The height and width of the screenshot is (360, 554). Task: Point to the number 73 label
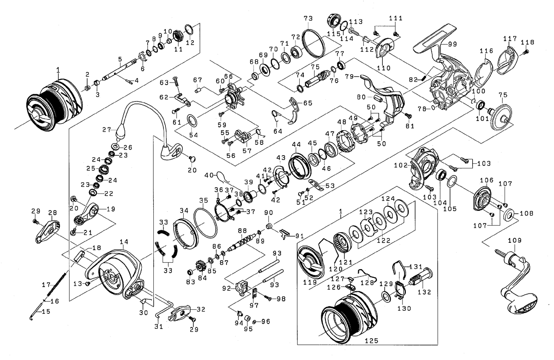[x=308, y=18]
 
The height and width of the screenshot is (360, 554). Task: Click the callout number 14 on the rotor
[x=123, y=241]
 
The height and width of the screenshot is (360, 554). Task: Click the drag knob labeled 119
[x=309, y=260]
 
